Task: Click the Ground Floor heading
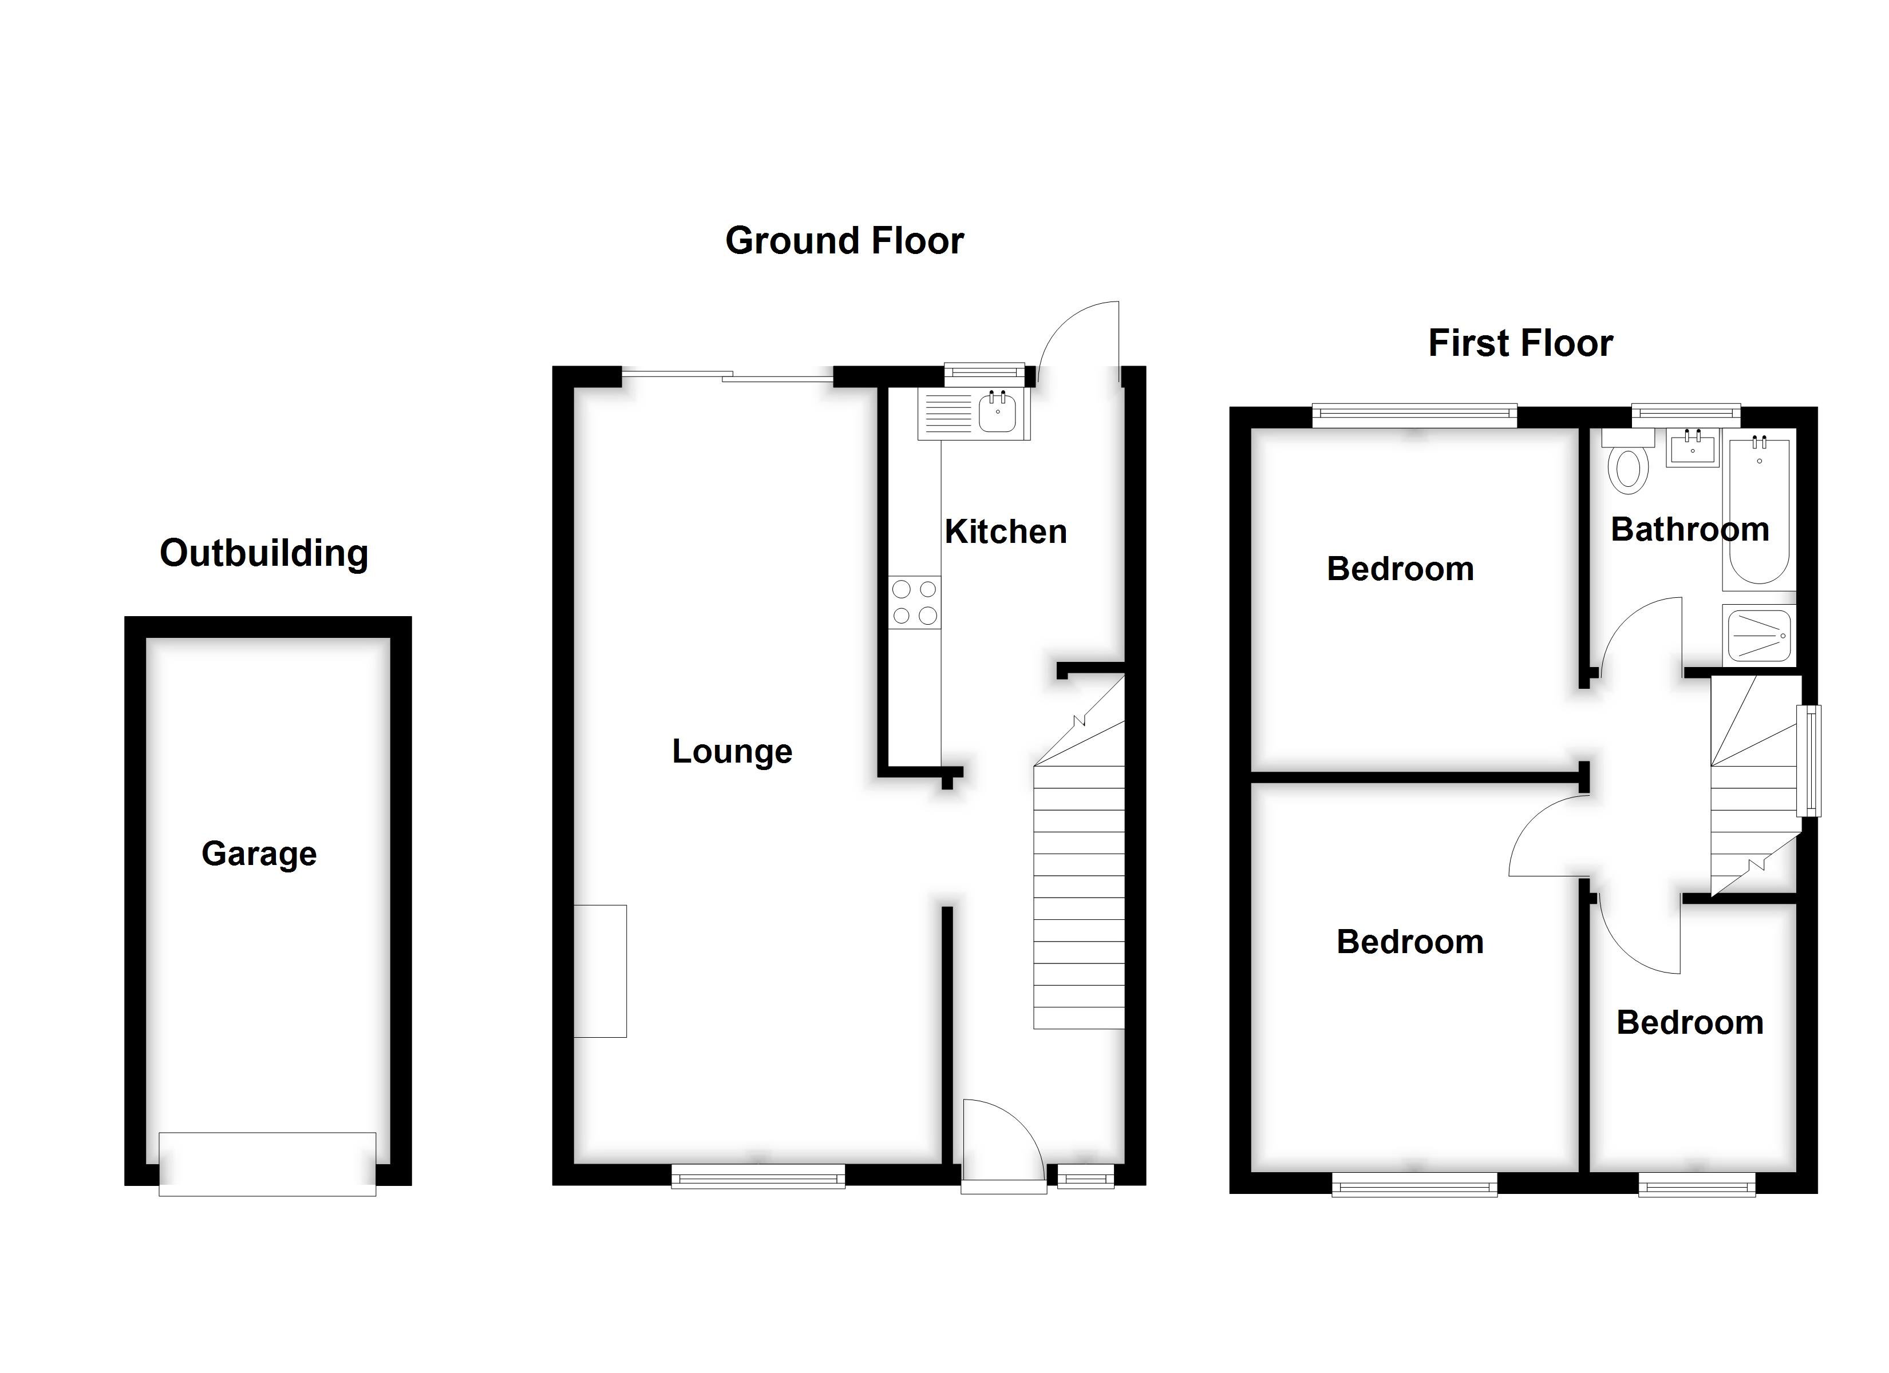(844, 241)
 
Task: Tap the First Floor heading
(1520, 343)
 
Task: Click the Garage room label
(259, 854)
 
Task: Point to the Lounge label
(732, 751)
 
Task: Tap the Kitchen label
(1005, 531)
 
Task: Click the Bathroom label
(1690, 530)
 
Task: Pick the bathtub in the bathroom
(1759, 510)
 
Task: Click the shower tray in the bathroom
(1759, 635)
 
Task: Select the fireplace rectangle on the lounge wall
(600, 971)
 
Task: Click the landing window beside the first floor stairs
(1808, 760)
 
